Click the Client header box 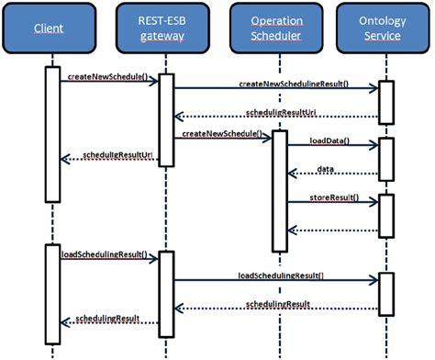52,29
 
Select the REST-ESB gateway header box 166,29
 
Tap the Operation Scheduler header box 279,29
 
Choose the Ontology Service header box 385,29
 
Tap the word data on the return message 326,169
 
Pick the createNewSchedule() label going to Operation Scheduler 220,134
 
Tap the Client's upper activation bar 52,133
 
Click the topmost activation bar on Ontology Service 385,102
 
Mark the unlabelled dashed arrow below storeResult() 330,231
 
